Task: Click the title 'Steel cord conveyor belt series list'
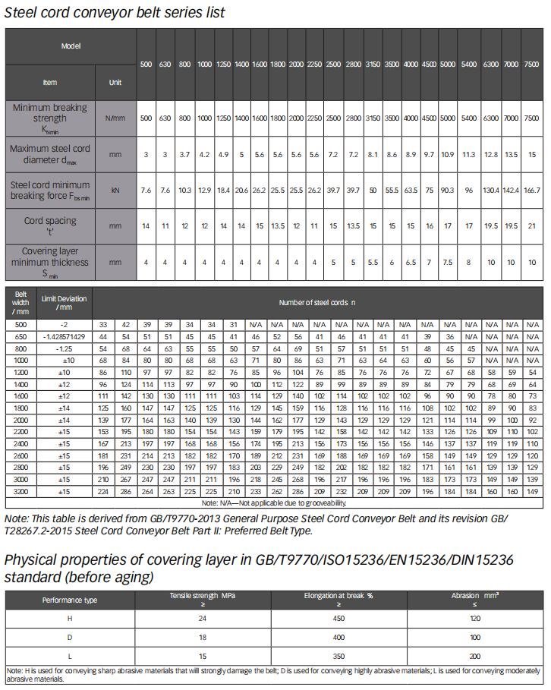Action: (x=115, y=13)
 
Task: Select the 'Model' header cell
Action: (x=71, y=46)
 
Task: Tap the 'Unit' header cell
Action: (x=115, y=82)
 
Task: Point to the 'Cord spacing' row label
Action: (x=50, y=225)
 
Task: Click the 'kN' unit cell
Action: (x=115, y=190)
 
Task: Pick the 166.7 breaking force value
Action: (x=533, y=190)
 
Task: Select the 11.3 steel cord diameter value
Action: (x=469, y=154)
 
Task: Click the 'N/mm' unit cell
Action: (x=115, y=118)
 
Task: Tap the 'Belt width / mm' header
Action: (x=20, y=302)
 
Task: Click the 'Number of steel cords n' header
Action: (x=317, y=302)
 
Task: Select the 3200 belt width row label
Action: (x=20, y=491)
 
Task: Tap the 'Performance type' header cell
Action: (x=70, y=600)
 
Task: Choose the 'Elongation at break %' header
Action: (x=338, y=600)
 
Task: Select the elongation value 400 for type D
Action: (x=338, y=637)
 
